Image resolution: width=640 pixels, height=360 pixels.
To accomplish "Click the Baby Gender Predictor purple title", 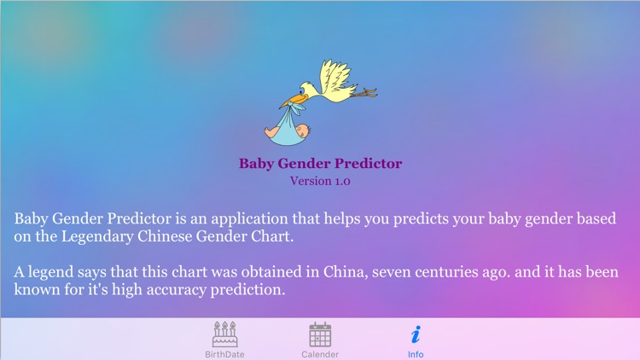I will tap(320, 164).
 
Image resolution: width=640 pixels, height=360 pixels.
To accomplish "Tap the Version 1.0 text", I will tap(320, 181).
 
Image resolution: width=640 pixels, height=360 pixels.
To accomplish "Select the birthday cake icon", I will tap(224, 334).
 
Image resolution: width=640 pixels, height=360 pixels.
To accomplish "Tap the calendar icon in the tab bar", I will tap(320, 334).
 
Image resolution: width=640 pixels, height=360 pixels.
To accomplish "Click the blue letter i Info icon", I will tap(416, 334).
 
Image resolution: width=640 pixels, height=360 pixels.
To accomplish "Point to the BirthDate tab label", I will tap(224, 354).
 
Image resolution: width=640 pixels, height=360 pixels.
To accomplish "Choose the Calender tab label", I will tap(320, 354).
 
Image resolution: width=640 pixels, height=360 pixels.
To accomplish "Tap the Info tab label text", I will tap(416, 354).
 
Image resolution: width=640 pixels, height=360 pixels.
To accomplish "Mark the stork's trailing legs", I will tap(364, 91).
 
